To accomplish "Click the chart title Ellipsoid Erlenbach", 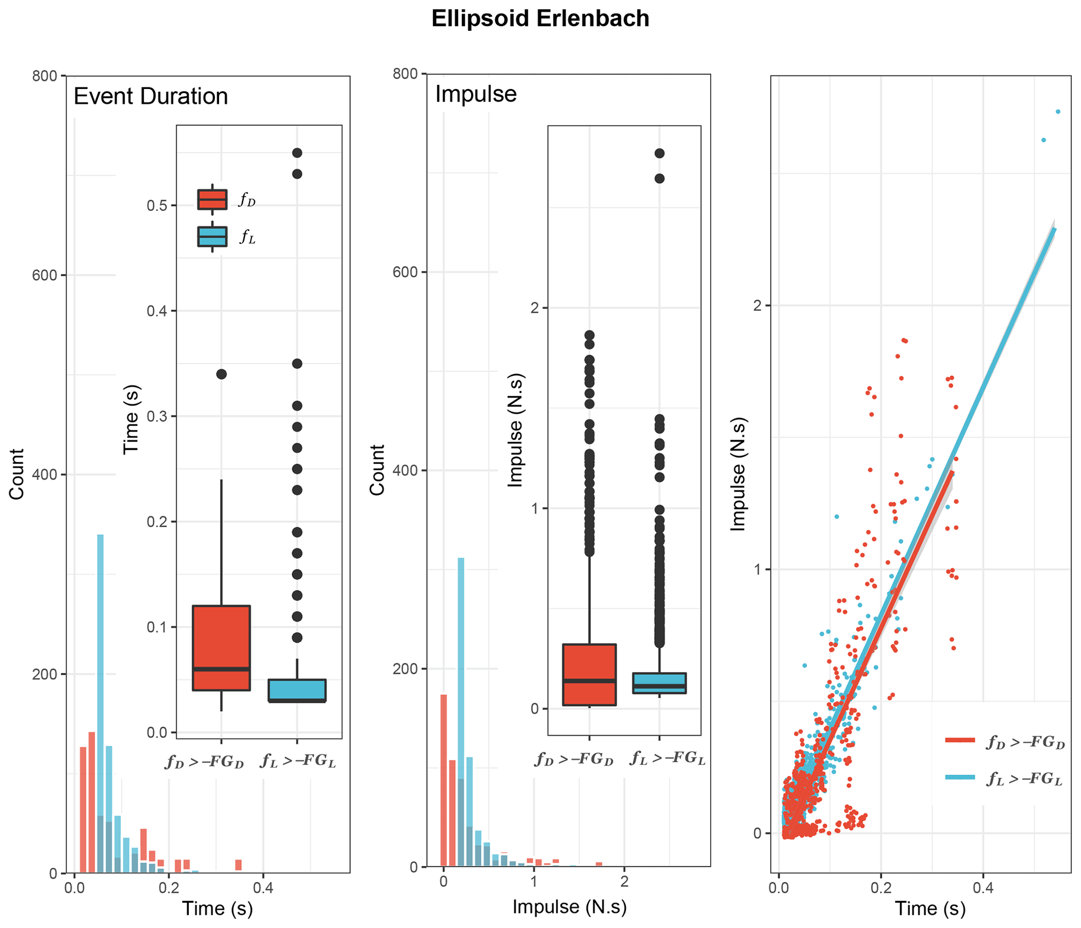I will click(x=540, y=19).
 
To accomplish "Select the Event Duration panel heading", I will click(x=151, y=96).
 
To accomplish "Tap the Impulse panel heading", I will click(x=475, y=94).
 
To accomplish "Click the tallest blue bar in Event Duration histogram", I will click(x=100, y=680).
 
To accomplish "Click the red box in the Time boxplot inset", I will click(x=221, y=648).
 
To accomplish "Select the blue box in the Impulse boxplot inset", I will click(x=659, y=683).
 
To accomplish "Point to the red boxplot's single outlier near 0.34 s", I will click(x=221, y=374).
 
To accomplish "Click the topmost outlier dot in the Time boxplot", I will click(x=297, y=153).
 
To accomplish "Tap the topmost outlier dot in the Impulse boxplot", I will click(x=659, y=153).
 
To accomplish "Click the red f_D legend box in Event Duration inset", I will click(x=212, y=199).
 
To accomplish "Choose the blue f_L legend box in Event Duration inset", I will click(x=212, y=236).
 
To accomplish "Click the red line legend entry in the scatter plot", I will click(x=960, y=740).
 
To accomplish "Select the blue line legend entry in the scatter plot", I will click(x=960, y=777).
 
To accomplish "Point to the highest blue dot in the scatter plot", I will click(x=1058, y=111).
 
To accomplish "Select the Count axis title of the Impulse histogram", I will click(x=377, y=470).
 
